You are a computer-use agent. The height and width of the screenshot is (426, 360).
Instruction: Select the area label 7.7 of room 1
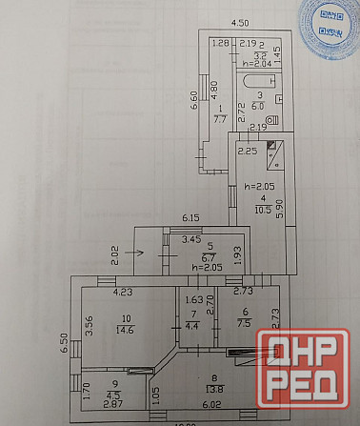click(x=220, y=120)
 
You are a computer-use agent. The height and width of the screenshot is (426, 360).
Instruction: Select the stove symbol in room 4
click(x=274, y=149)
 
